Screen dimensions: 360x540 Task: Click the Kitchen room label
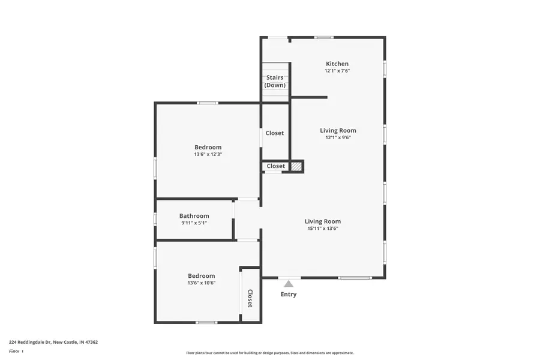coord(337,64)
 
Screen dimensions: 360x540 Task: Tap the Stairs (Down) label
coord(275,81)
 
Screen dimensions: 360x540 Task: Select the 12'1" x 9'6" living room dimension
coord(338,137)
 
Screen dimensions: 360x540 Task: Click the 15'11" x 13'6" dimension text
coord(322,229)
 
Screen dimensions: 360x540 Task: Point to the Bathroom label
coord(194,216)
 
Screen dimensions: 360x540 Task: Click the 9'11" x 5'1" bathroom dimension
coord(194,223)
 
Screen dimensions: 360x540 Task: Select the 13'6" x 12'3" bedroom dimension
coord(208,155)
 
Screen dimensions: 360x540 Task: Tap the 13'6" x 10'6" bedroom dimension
coord(201,283)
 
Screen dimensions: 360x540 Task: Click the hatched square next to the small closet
coord(296,166)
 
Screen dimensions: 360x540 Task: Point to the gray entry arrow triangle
coord(289,284)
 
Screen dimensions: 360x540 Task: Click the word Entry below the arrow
coord(289,295)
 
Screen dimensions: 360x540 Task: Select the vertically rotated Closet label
coord(250,298)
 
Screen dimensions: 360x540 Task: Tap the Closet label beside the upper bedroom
coord(275,133)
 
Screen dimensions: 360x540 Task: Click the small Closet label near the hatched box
coord(276,166)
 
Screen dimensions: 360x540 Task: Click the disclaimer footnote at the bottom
coord(269,353)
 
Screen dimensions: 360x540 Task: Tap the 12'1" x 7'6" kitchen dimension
coord(337,71)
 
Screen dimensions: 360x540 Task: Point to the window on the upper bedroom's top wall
coord(208,103)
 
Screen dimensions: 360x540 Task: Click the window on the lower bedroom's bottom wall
coord(206,323)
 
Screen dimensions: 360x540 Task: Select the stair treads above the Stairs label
coord(275,67)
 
